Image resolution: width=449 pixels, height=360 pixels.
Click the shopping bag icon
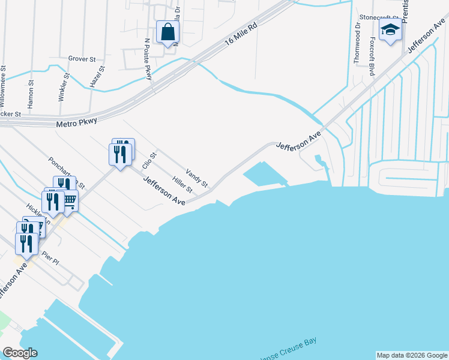coord(167,32)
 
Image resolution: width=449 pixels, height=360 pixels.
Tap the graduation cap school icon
coord(390,29)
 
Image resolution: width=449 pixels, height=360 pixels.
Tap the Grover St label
coord(82,59)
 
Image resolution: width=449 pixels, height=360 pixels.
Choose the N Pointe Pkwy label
coord(148,59)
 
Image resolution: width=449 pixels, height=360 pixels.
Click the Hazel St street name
coord(97,77)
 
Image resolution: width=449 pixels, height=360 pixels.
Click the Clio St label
coord(148,161)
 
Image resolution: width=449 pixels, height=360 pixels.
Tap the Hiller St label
coord(182,185)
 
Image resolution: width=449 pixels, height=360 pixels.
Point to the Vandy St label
coord(196,178)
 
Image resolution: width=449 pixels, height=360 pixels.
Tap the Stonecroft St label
coord(378,17)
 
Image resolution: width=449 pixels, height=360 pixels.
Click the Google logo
coord(20,353)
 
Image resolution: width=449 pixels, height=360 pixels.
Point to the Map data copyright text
coord(412,355)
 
